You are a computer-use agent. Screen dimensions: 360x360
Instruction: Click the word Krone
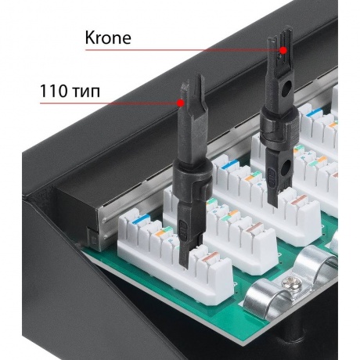point(108,38)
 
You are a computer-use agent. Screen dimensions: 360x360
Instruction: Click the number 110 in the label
point(53,92)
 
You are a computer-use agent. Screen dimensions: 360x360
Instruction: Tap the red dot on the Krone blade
point(283,50)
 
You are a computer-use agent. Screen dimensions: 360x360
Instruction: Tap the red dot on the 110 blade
point(180,103)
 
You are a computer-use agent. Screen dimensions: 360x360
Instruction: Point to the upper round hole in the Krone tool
point(287,88)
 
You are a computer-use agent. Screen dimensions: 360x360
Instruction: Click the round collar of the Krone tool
point(279,128)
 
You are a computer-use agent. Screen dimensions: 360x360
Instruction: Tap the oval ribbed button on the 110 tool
point(183,229)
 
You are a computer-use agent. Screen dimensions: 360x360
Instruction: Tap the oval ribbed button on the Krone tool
point(272,178)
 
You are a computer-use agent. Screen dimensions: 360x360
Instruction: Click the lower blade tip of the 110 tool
point(186,266)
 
